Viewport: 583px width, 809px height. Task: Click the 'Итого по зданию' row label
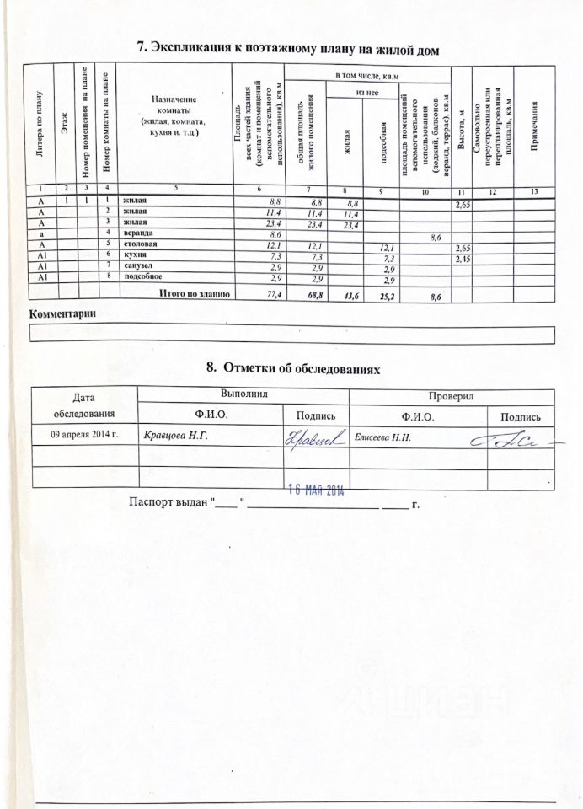[x=193, y=292]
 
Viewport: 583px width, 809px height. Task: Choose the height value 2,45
[x=463, y=260]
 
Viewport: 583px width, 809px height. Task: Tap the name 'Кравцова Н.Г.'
[x=175, y=436]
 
